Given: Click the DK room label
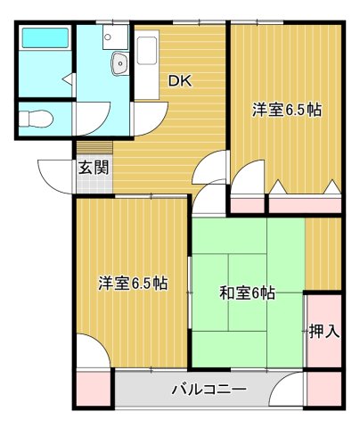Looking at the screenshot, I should point(181,80).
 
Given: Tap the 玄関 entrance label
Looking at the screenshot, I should point(87,166).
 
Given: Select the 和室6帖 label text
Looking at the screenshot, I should point(247,292).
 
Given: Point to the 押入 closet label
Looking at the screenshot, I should point(323,332).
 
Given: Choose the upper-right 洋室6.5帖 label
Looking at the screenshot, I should point(286,111).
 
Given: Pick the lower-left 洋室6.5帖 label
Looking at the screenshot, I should point(133,284).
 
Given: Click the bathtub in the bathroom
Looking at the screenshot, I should point(45,39).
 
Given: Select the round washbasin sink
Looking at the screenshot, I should point(119,62).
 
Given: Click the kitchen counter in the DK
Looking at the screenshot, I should point(148,67).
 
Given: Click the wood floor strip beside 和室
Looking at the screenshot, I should point(323,253).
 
